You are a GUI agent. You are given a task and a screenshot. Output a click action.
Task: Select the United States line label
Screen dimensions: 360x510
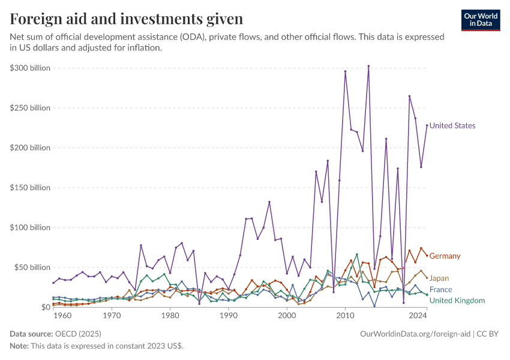tap(452, 126)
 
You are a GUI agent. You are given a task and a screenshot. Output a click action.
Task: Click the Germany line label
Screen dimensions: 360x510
tap(445, 256)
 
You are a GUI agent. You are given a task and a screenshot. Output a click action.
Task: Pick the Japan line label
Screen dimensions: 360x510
tap(439, 278)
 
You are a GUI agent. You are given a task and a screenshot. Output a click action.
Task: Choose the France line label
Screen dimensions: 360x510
tap(440, 290)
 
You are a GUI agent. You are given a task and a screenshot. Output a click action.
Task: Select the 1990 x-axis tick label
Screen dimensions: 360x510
tap(229, 315)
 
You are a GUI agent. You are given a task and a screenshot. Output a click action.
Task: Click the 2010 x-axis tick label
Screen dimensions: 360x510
tap(346, 315)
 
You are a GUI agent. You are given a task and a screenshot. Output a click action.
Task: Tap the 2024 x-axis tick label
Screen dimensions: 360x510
tap(418, 315)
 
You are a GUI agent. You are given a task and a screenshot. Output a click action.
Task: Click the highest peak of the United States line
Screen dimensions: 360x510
tap(368, 66)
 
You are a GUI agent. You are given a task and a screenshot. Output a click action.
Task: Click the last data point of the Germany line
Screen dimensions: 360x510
tap(427, 256)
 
